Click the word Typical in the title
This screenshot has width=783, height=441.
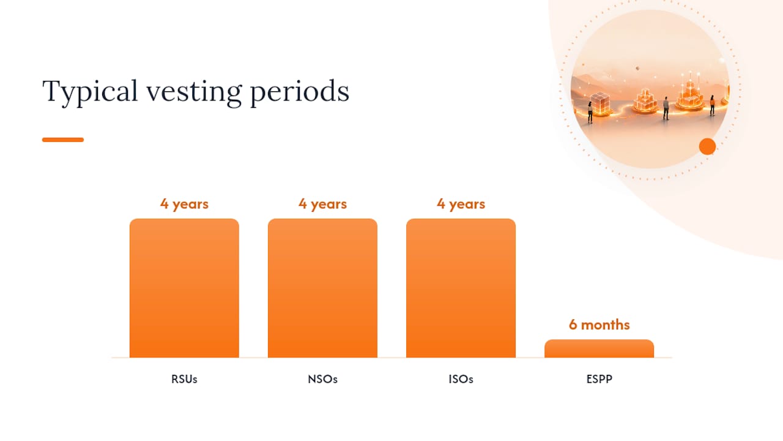tap(90, 92)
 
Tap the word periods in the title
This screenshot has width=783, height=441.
tap(300, 92)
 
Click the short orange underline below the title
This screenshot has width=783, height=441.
tap(63, 140)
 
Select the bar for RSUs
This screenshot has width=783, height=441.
tap(184, 288)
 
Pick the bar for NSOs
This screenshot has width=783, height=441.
tap(322, 288)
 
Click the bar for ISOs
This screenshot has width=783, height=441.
tap(461, 288)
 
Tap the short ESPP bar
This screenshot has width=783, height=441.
tap(599, 349)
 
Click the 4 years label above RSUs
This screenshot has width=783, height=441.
tap(184, 204)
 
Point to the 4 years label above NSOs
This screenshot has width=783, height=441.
tap(322, 204)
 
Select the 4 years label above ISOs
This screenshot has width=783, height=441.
tap(461, 204)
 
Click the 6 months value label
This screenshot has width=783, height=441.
tap(599, 325)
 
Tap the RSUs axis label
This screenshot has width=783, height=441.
tap(184, 379)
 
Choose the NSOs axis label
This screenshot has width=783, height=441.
tap(322, 379)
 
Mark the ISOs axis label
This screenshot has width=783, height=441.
tap(461, 379)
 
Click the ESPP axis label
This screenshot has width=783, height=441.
tap(599, 379)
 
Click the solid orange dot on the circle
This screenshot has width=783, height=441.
tap(708, 146)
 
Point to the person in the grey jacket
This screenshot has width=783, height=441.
tap(666, 108)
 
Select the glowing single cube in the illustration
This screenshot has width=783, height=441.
tap(600, 102)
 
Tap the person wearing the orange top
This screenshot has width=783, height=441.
tap(712, 105)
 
